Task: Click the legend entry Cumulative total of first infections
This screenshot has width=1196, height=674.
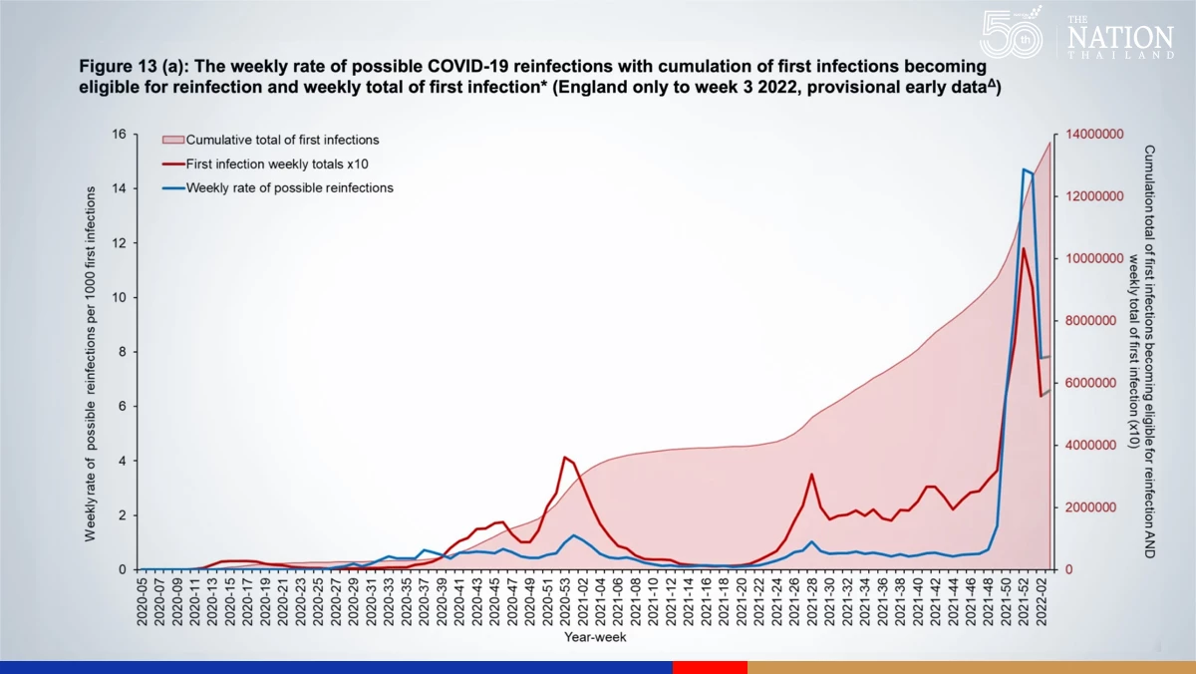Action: [x=282, y=140]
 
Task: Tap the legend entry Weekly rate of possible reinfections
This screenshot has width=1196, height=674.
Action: [x=289, y=187]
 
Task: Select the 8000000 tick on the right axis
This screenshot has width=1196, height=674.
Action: [x=1092, y=321]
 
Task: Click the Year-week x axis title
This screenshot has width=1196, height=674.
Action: [x=595, y=637]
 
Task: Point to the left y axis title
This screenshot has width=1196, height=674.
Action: [x=91, y=363]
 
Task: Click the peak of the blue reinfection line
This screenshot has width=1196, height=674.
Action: [x=1024, y=169]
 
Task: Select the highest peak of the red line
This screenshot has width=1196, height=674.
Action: [x=1024, y=248]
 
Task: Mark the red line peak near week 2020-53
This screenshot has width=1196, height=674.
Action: [x=565, y=457]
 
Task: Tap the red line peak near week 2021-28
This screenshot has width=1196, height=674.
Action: [x=811, y=474]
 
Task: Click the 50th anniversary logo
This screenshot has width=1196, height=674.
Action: [x=1011, y=37]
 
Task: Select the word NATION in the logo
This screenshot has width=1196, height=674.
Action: [x=1120, y=38]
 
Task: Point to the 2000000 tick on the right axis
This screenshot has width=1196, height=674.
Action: [x=1092, y=507]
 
